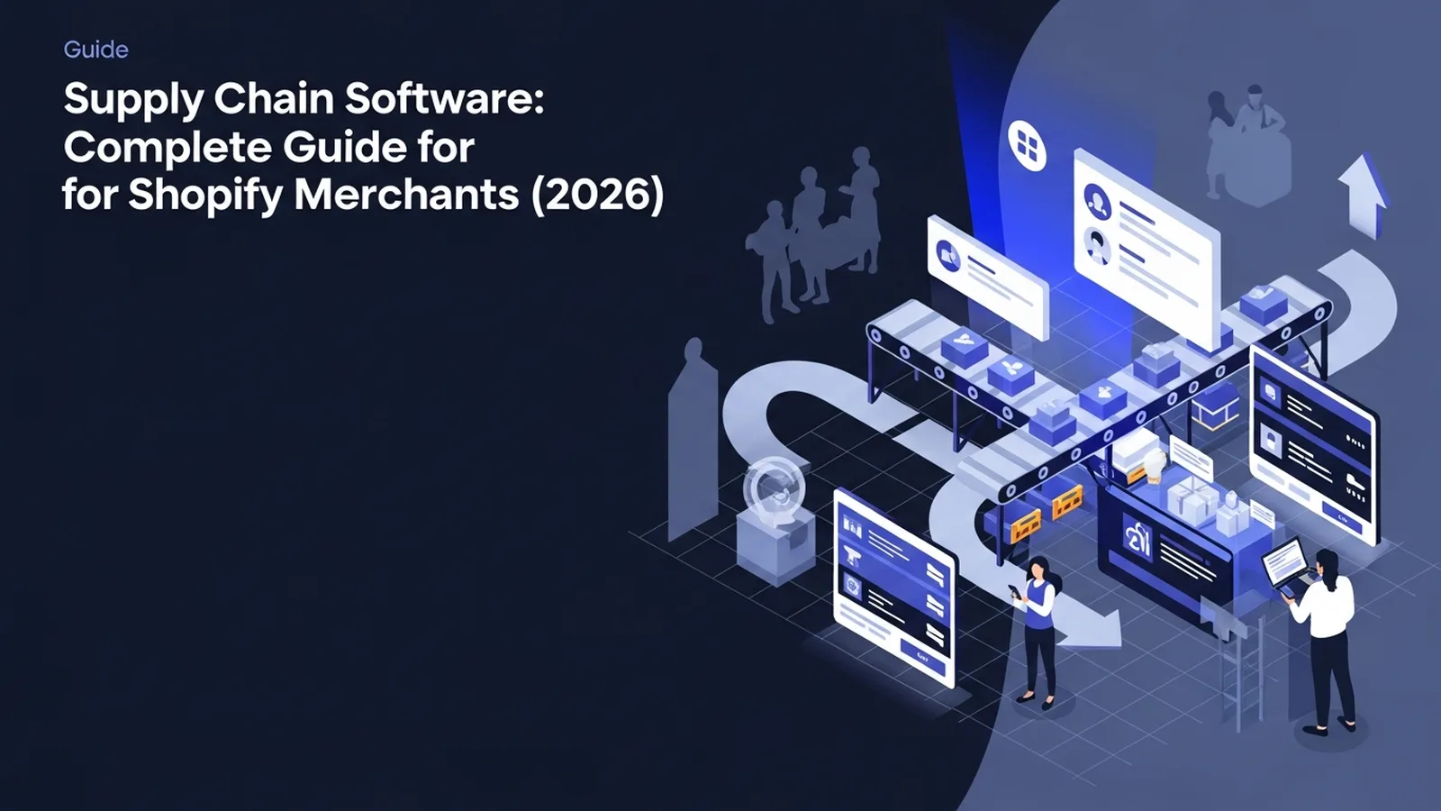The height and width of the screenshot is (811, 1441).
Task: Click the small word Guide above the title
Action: (x=95, y=50)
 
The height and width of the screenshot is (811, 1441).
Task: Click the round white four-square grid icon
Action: (x=1027, y=145)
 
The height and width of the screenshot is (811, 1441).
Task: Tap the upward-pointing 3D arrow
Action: (x=1364, y=195)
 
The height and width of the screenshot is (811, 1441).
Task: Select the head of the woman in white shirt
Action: (x=1328, y=567)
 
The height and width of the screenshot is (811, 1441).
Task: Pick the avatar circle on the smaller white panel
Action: (x=948, y=256)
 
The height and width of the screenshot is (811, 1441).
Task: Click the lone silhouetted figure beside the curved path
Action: (x=693, y=438)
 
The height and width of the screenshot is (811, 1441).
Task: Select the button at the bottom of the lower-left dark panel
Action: (x=923, y=656)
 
